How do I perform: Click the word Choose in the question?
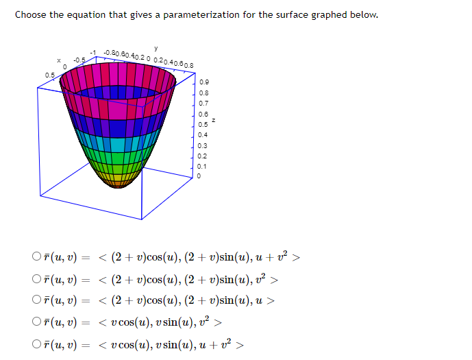(x=31, y=14)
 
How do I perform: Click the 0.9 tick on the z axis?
(x=203, y=82)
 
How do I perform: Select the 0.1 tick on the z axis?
(x=203, y=166)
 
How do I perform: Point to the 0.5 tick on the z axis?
(x=203, y=124)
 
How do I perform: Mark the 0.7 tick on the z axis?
(x=203, y=103)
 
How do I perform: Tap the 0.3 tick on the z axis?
(x=203, y=145)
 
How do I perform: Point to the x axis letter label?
(x=60, y=61)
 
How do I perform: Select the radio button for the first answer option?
(x=36, y=257)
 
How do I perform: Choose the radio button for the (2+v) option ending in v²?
(x=36, y=278)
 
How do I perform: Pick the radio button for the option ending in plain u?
(x=36, y=300)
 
